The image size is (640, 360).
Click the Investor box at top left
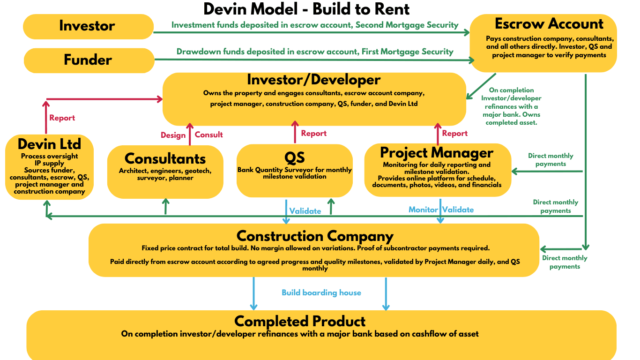pyautogui.click(x=88, y=26)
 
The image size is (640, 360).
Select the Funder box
pyautogui.click(x=88, y=60)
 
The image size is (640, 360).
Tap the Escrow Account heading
pyautogui.click(x=549, y=24)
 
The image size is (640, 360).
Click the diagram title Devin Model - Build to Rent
pyautogui.click(x=306, y=8)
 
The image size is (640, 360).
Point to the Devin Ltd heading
pyautogui.click(x=49, y=143)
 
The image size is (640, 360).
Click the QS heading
pyautogui.click(x=294, y=157)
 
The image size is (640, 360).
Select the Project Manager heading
pyautogui.click(x=436, y=152)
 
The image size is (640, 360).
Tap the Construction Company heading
pyautogui.click(x=314, y=236)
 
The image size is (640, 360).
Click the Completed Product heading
pyautogui.click(x=300, y=321)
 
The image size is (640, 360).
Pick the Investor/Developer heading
pyautogui.click(x=313, y=80)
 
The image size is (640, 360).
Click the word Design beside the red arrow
pyautogui.click(x=173, y=135)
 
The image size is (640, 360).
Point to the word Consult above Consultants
pyautogui.click(x=209, y=135)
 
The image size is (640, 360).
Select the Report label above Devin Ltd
pyautogui.click(x=62, y=118)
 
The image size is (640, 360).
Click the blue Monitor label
pyautogui.click(x=423, y=210)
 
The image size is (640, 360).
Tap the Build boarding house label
pyautogui.click(x=321, y=293)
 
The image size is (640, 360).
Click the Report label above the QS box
pyautogui.click(x=313, y=134)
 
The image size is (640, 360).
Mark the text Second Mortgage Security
pyautogui.click(x=407, y=25)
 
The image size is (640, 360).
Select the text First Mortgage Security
pyautogui.click(x=407, y=52)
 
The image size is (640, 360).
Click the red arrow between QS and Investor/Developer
pyautogui.click(x=295, y=132)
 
